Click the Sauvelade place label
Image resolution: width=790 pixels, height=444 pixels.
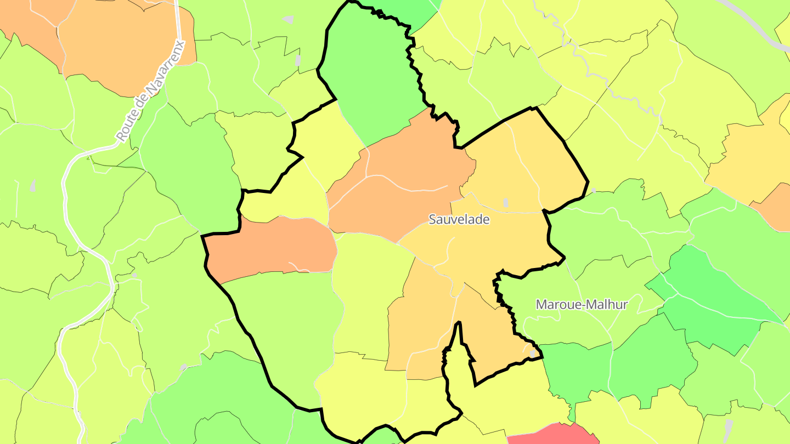pos(459,220)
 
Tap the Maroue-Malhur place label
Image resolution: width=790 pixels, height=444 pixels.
pos(582,304)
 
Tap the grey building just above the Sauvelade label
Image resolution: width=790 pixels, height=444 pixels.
pos(505,202)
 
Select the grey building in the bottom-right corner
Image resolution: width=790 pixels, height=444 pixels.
pos(728,426)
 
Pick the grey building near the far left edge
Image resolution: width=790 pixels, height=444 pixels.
pos(33,186)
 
